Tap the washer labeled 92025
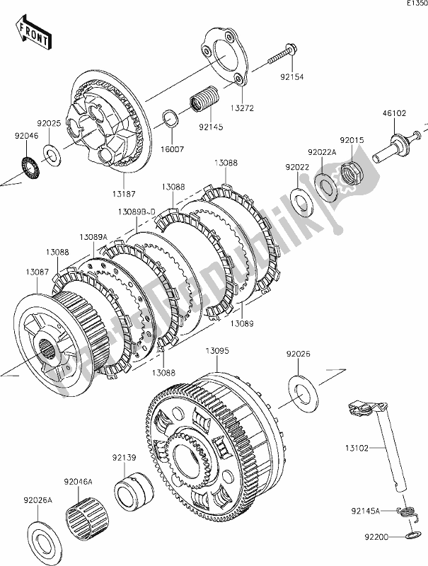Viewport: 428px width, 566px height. click(51, 151)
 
